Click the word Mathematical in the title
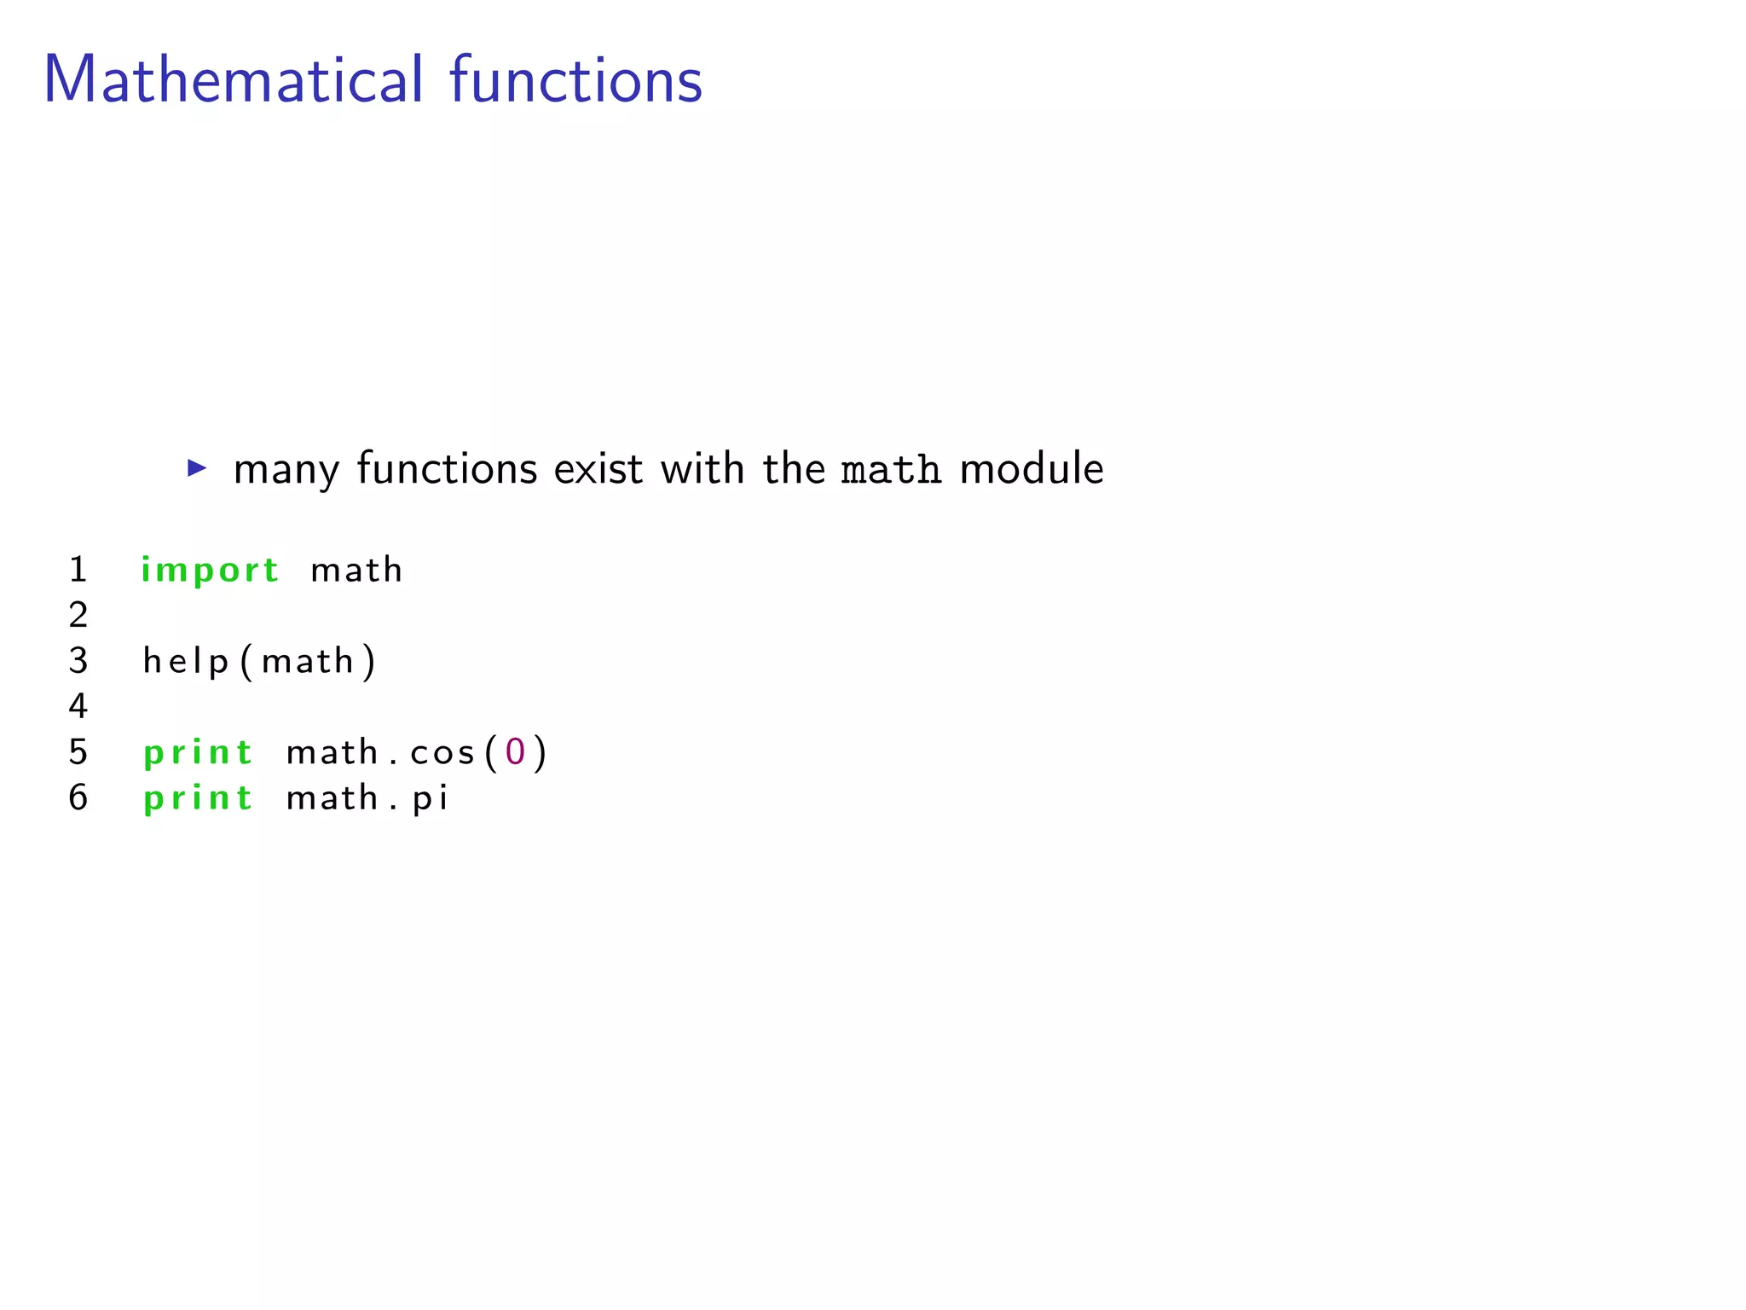coord(233,80)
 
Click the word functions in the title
coord(575,80)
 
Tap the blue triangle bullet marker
coord(197,467)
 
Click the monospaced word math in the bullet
coord(891,470)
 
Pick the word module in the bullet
coord(1032,469)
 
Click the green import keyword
coord(210,571)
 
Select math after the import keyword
coord(356,571)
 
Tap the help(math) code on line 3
coord(259,662)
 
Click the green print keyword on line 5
coord(198,753)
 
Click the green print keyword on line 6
coord(198,799)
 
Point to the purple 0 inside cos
coord(515,752)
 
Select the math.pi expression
coord(367,799)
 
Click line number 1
coord(78,570)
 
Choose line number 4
coord(78,707)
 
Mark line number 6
coord(78,798)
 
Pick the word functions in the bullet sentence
coord(447,469)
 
